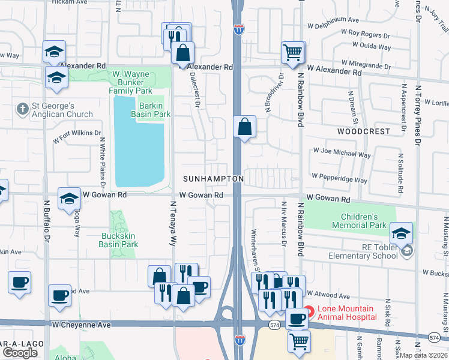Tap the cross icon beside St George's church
(23, 109)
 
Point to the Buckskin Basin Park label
(119, 241)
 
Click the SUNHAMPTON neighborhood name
(214, 179)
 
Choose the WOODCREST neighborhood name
(363, 131)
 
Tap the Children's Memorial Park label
(363, 221)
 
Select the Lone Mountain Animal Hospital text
(347, 313)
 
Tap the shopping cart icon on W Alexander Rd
(293, 52)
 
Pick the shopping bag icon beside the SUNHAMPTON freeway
(244, 127)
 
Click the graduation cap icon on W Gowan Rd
(70, 198)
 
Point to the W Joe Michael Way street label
(340, 154)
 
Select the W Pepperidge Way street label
(339, 179)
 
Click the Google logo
(20, 352)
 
